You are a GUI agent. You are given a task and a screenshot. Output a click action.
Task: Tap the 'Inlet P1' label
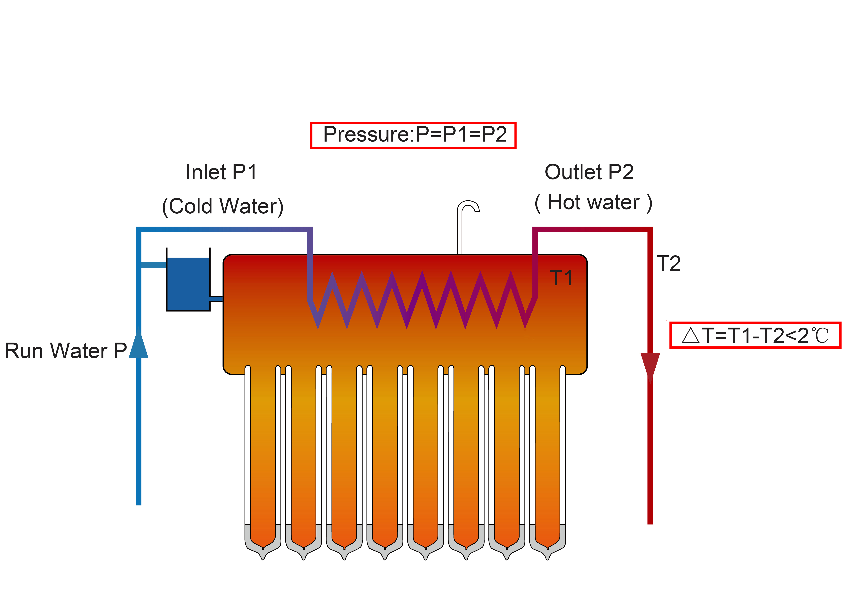pos(221,172)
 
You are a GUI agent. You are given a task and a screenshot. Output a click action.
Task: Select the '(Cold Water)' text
pos(223,207)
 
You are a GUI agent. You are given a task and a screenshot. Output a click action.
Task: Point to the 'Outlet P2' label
pos(589,172)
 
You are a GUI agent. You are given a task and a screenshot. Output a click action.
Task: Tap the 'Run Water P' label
pos(65,351)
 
